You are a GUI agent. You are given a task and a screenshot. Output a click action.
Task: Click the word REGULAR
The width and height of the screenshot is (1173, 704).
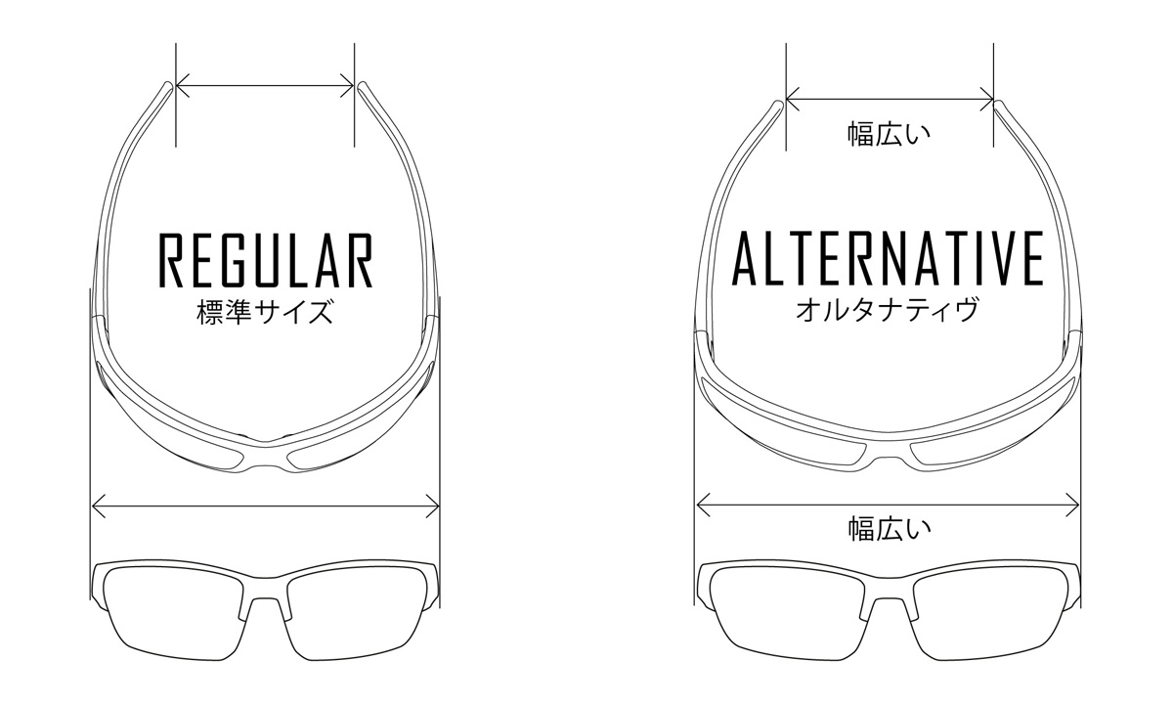[x=266, y=260]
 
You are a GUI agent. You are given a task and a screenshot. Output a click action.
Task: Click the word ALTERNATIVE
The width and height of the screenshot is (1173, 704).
[x=888, y=258]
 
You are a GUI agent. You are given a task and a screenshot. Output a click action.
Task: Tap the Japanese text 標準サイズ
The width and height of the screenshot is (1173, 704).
[x=265, y=312]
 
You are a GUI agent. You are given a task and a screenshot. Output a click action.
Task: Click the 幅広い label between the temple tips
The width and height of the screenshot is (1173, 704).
[x=890, y=134]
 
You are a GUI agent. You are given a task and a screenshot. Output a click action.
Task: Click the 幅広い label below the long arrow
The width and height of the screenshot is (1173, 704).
[x=890, y=529]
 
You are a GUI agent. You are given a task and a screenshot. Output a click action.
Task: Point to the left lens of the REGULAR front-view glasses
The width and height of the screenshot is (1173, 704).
[x=174, y=613]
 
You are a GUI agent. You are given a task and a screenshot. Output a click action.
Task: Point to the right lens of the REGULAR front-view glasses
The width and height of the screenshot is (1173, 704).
[x=357, y=613]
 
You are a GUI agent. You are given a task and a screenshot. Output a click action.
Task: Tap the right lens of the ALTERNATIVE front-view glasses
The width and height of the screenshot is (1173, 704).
[x=989, y=613]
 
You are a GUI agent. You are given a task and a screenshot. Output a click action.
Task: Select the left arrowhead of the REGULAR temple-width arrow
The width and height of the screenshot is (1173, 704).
[x=182, y=85]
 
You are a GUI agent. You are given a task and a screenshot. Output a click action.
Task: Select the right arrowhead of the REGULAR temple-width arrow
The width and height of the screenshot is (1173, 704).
[x=348, y=85]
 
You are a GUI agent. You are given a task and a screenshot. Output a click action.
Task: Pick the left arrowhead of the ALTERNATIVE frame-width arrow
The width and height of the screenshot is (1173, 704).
[x=703, y=506]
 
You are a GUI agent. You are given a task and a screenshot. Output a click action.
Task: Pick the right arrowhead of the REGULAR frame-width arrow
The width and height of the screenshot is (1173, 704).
[x=432, y=506]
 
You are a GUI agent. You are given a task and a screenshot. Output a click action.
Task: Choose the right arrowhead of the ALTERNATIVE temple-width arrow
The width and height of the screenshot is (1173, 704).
[x=987, y=99]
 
